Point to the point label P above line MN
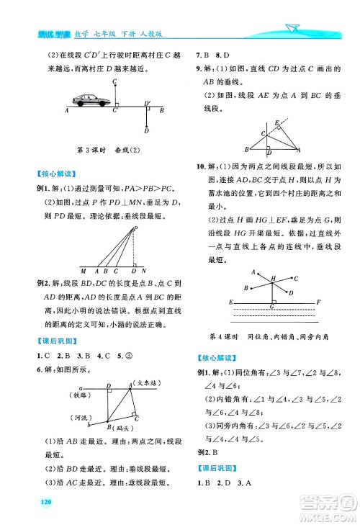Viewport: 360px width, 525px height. coord(135,228)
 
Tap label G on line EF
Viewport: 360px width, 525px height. coord(271,307)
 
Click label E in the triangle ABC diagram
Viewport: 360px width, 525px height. coord(277,123)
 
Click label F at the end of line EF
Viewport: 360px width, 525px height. coord(318,300)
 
